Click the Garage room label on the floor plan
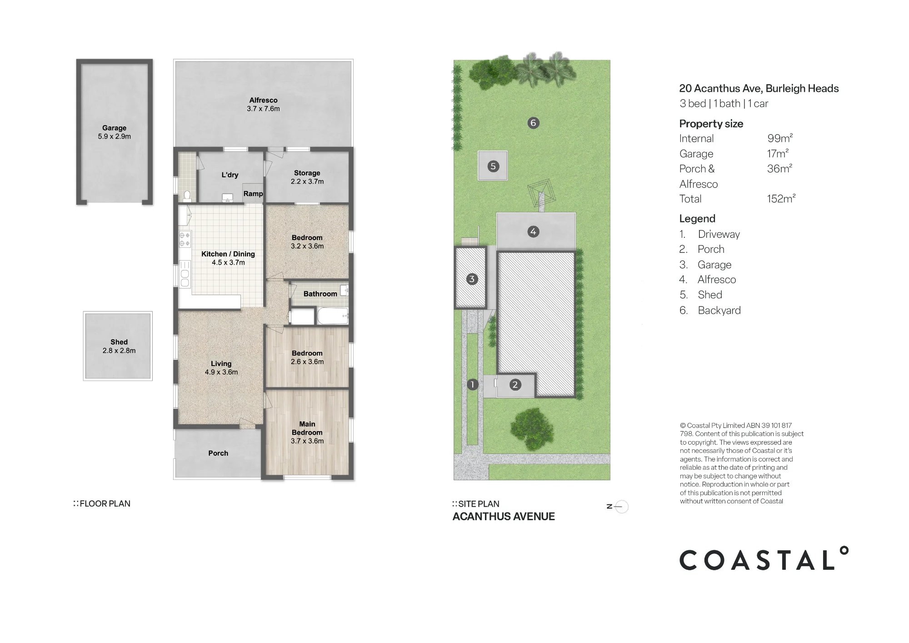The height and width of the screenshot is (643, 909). (x=115, y=128)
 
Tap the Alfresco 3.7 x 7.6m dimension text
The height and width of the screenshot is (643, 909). (x=263, y=109)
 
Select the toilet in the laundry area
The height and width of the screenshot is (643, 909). (x=187, y=196)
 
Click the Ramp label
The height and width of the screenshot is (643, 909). (x=253, y=194)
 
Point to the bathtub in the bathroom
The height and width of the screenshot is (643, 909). (x=332, y=316)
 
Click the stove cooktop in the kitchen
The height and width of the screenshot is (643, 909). (x=185, y=239)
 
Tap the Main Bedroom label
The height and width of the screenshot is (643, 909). (x=307, y=428)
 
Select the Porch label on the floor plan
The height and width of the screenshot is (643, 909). (x=218, y=453)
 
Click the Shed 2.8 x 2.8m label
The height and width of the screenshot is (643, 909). (x=119, y=346)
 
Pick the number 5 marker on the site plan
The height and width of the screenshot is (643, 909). (x=493, y=166)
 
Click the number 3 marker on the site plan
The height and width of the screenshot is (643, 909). (x=472, y=279)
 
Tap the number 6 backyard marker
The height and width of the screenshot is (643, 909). (x=534, y=123)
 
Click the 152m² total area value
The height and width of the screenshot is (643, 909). (x=781, y=199)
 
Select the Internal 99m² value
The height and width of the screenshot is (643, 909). (x=780, y=138)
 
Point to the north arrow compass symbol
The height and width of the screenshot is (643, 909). (x=618, y=507)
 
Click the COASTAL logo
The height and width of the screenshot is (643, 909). (x=764, y=558)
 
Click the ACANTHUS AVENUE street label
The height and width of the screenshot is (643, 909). (x=504, y=517)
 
